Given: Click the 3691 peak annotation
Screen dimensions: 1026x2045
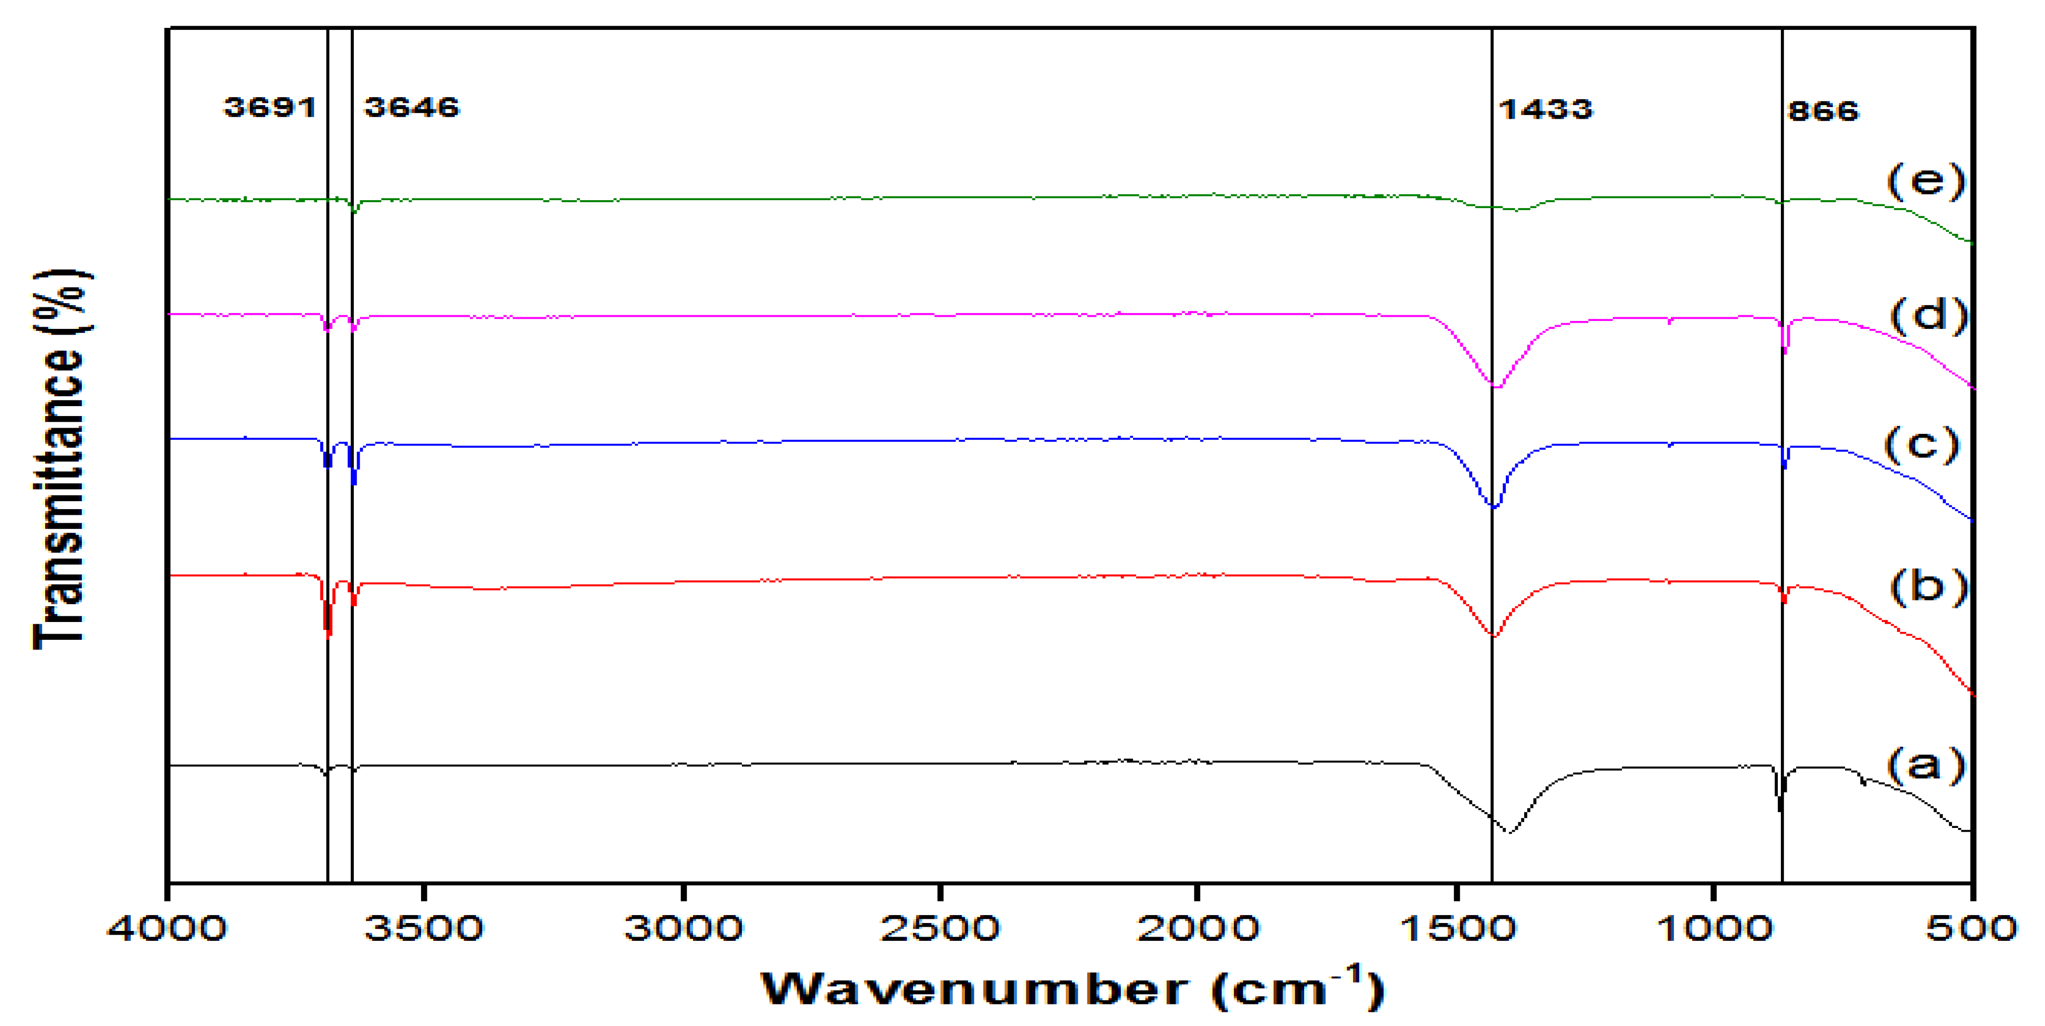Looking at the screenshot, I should tap(269, 107).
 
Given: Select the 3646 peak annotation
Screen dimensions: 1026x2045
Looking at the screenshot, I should tap(411, 107).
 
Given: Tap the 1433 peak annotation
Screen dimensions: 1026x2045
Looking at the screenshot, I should tap(1545, 108).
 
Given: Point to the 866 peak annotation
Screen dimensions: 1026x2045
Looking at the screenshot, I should tap(1823, 110).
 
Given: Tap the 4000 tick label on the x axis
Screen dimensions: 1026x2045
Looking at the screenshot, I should tap(167, 928).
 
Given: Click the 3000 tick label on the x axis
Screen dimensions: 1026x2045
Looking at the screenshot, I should tap(683, 928).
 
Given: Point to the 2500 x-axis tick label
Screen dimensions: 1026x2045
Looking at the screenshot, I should tap(939, 928).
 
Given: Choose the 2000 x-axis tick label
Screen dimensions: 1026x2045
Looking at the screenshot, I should tap(1197, 928).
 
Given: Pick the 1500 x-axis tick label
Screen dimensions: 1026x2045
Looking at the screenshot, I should tap(1456, 928).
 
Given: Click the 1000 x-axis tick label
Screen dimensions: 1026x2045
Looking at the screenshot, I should tap(1713, 928).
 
